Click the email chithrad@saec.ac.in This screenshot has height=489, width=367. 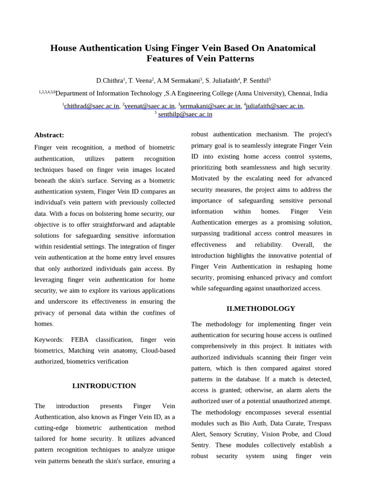pyautogui.click(x=91, y=106)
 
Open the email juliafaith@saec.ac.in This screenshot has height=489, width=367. pyautogui.click(x=275, y=106)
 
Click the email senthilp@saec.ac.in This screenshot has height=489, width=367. pyautogui.click(x=185, y=115)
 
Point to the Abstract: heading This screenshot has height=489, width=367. pyautogui.click(x=49, y=135)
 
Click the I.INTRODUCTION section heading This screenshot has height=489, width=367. pyautogui.click(x=104, y=386)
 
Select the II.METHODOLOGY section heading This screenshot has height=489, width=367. pyautogui.click(x=261, y=308)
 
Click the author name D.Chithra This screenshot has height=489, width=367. pyautogui.click(x=109, y=81)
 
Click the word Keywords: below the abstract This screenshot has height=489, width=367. pyautogui.click(x=49, y=340)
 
